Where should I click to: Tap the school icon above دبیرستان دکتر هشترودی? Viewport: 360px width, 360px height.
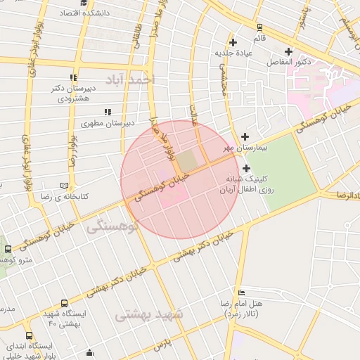pos(72,77)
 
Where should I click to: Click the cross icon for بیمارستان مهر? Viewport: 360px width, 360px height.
pos(245,136)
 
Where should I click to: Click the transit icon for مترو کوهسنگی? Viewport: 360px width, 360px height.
pos(8,249)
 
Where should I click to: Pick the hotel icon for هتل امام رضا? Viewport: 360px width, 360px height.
pos(242,292)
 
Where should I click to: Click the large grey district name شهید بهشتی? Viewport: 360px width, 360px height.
pos(148,314)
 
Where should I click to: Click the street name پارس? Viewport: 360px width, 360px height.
pos(162,345)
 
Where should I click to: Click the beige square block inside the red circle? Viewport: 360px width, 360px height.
pos(186,162)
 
